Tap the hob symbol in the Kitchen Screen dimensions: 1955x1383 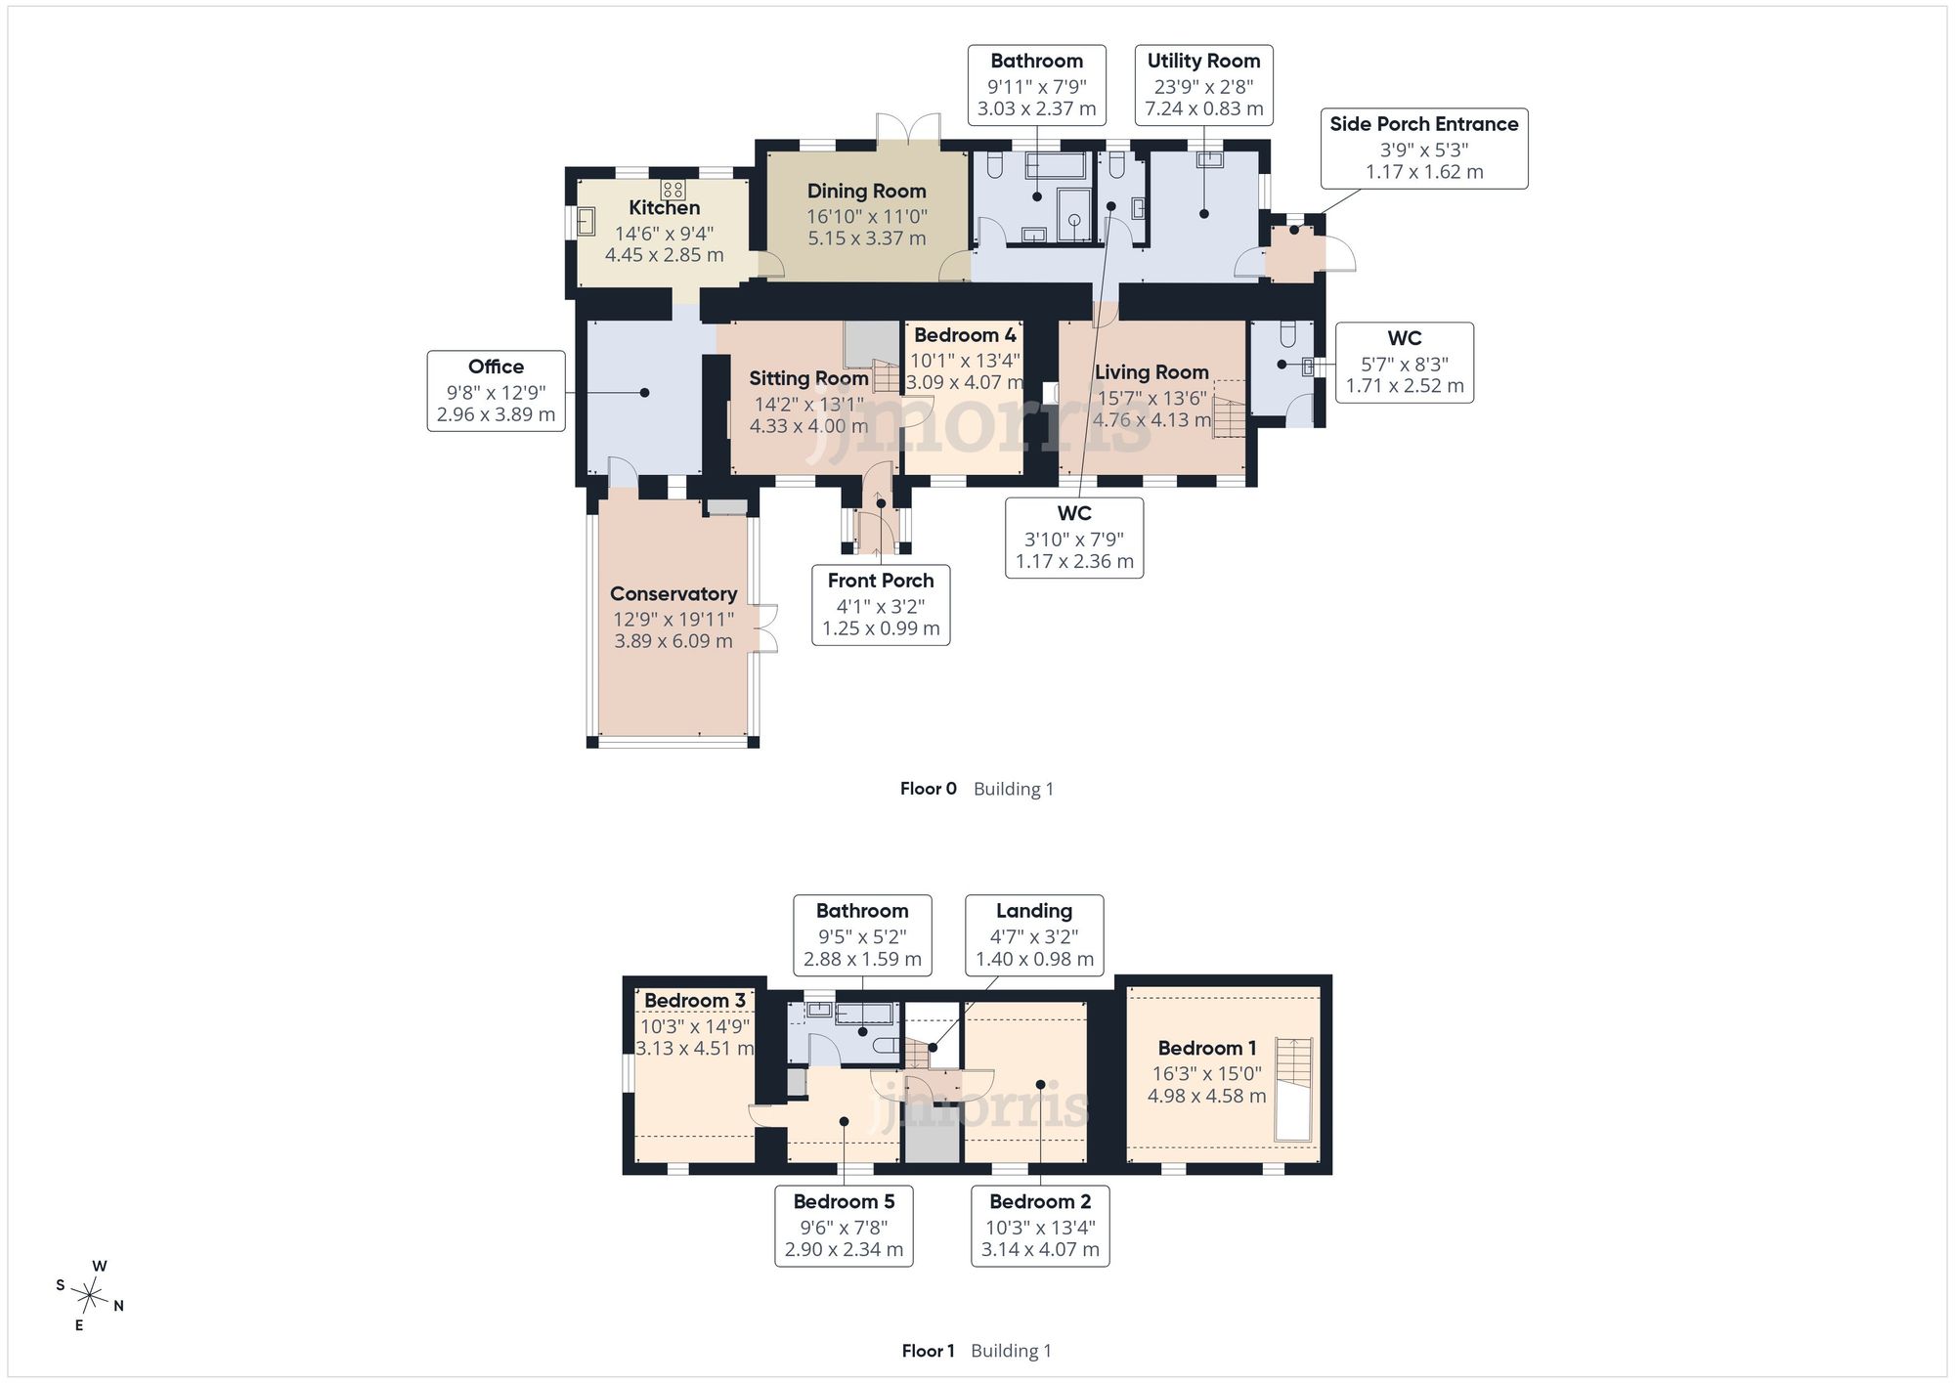(673, 189)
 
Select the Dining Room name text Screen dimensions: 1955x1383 (867, 192)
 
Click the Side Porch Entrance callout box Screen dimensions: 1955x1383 (1424, 149)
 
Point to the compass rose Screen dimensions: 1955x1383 (90, 1297)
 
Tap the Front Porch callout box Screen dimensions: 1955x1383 (881, 605)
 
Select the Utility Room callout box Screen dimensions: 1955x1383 (1204, 85)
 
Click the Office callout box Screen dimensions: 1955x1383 (497, 391)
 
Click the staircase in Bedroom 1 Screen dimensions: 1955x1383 (1293, 1089)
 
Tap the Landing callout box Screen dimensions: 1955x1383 (1034, 935)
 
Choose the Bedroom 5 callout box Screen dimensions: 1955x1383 (844, 1226)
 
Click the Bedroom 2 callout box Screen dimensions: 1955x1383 (1040, 1226)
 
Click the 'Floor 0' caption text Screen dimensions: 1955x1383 (929, 789)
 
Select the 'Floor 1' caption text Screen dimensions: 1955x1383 (929, 1351)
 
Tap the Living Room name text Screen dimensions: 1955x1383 (1151, 372)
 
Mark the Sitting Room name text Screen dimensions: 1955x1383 (809, 378)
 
